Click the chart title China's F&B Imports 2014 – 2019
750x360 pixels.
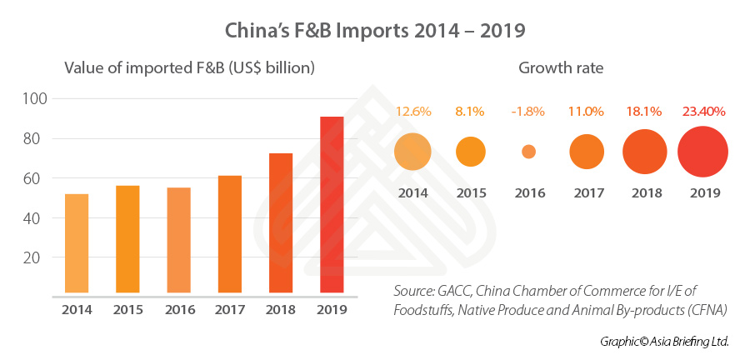(x=374, y=31)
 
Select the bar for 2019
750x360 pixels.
(x=332, y=205)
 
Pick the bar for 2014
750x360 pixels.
(x=77, y=243)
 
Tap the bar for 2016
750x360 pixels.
(x=179, y=240)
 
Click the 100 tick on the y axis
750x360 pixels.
(x=35, y=98)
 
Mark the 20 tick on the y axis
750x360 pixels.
(x=38, y=257)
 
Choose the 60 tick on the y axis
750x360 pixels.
(x=38, y=178)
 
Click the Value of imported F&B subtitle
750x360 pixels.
(x=189, y=67)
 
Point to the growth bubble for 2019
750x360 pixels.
(x=702, y=152)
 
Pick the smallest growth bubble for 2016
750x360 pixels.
(x=528, y=152)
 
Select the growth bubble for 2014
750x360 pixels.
(x=412, y=152)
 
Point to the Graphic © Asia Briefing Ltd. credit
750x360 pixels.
(x=663, y=342)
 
